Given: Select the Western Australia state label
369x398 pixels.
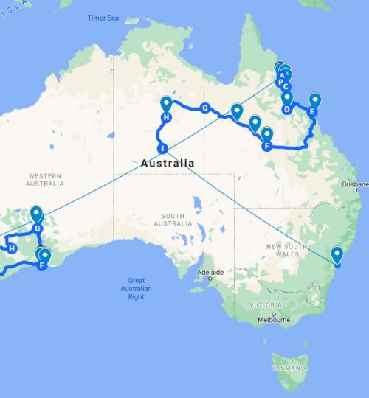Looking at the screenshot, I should pyautogui.click(x=44, y=178).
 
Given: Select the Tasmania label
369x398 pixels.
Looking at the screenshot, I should pyautogui.click(x=288, y=368).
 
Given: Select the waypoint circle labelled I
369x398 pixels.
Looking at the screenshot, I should pyautogui.click(x=163, y=149).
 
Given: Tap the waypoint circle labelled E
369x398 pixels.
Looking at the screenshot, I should pyautogui.click(x=312, y=112).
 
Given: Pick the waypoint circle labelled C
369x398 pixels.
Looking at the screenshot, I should pyautogui.click(x=286, y=86).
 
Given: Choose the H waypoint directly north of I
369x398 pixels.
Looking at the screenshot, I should pyautogui.click(x=166, y=118).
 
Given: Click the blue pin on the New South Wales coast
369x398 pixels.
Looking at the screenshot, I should pyautogui.click(x=337, y=255).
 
